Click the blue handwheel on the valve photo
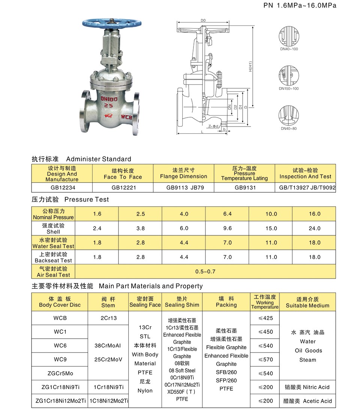pos(112,23)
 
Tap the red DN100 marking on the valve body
pos(109,99)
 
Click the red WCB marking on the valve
pos(126,117)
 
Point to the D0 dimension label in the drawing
pos(203,20)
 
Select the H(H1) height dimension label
pos(250,66)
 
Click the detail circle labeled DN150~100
pos(289,75)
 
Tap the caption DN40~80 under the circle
pos(289,128)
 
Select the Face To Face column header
pos(123,173)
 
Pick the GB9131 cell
pos(244,187)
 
